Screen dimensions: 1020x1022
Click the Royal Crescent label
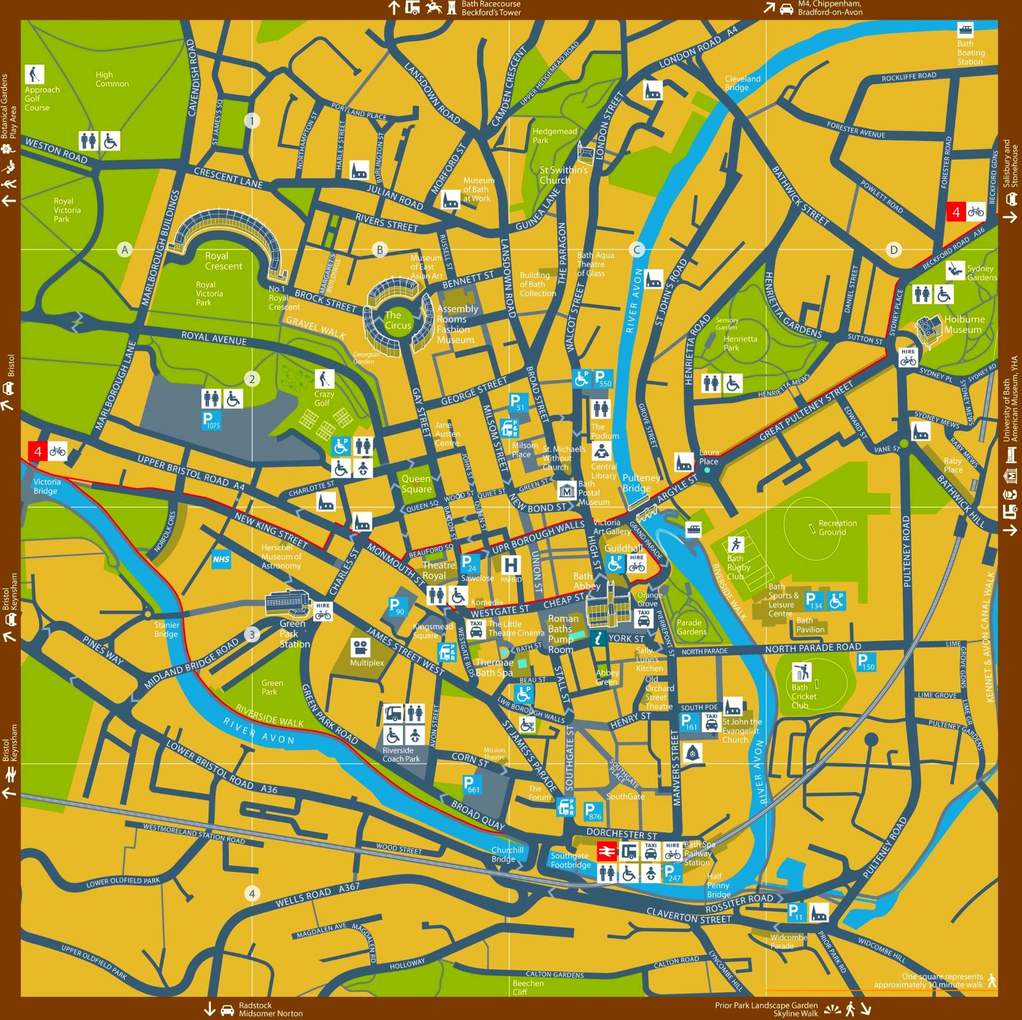(223, 261)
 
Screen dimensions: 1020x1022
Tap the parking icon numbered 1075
(210, 420)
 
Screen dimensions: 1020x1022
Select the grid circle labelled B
(380, 250)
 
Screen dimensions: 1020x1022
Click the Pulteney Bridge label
(640, 483)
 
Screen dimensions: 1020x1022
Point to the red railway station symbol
(607, 851)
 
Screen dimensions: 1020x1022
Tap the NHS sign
(221, 559)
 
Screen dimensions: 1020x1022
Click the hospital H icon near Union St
(511, 565)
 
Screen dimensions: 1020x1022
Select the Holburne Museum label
(963, 324)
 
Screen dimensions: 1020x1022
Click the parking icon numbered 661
(471, 785)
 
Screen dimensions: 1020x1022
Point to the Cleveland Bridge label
(742, 83)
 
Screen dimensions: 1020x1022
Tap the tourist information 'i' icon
(598, 638)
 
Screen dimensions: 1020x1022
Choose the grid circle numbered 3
(252, 634)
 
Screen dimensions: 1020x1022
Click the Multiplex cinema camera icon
(360, 648)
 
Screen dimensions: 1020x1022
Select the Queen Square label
(416, 484)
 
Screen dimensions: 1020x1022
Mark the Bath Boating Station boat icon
(965, 29)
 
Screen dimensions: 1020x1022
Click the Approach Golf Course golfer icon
(34, 75)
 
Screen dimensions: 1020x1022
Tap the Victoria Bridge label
(47, 486)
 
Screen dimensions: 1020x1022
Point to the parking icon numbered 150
(866, 662)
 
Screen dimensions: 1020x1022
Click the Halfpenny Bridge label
(718, 885)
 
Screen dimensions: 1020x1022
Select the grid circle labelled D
(893, 250)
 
